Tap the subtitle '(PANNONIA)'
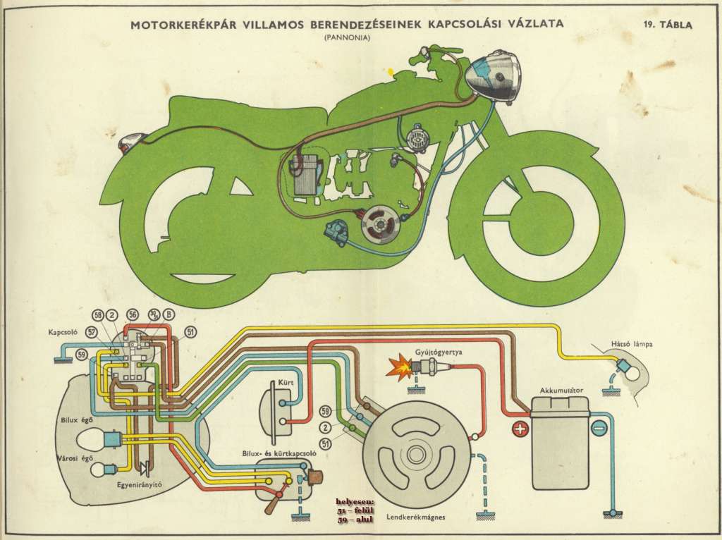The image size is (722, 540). click(346, 38)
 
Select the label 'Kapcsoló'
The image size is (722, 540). click(63, 331)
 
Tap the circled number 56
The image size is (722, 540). click(132, 315)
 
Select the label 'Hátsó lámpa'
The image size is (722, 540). click(631, 345)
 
